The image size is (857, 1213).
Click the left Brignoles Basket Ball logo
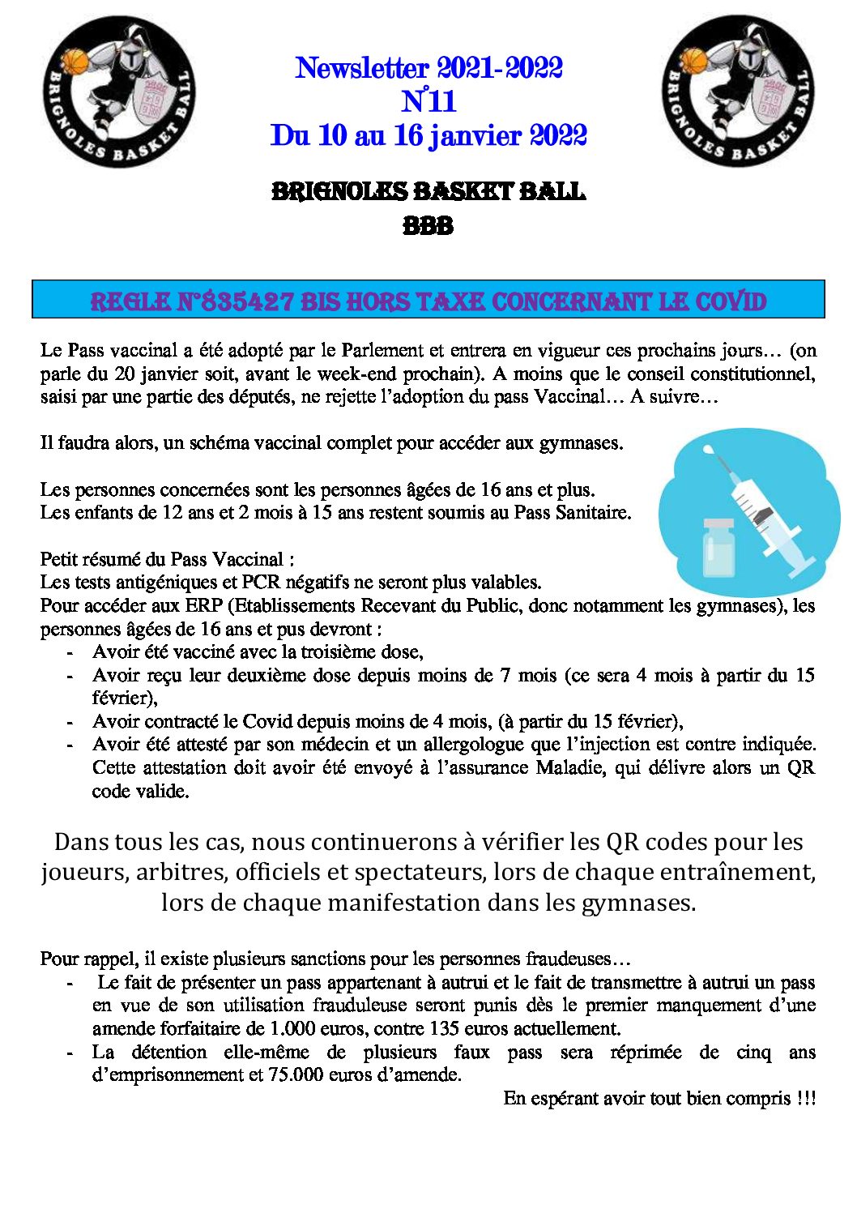pos(119,92)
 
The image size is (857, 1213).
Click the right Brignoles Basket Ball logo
pos(737,92)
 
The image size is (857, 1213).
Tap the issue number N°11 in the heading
pos(428,101)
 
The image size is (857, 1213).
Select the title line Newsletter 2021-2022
pos(428,67)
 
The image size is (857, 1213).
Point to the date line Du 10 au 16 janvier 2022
pos(428,135)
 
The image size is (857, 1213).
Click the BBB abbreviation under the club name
pos(428,225)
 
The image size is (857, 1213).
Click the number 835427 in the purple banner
pos(247,301)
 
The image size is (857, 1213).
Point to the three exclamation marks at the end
pos(805,1098)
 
